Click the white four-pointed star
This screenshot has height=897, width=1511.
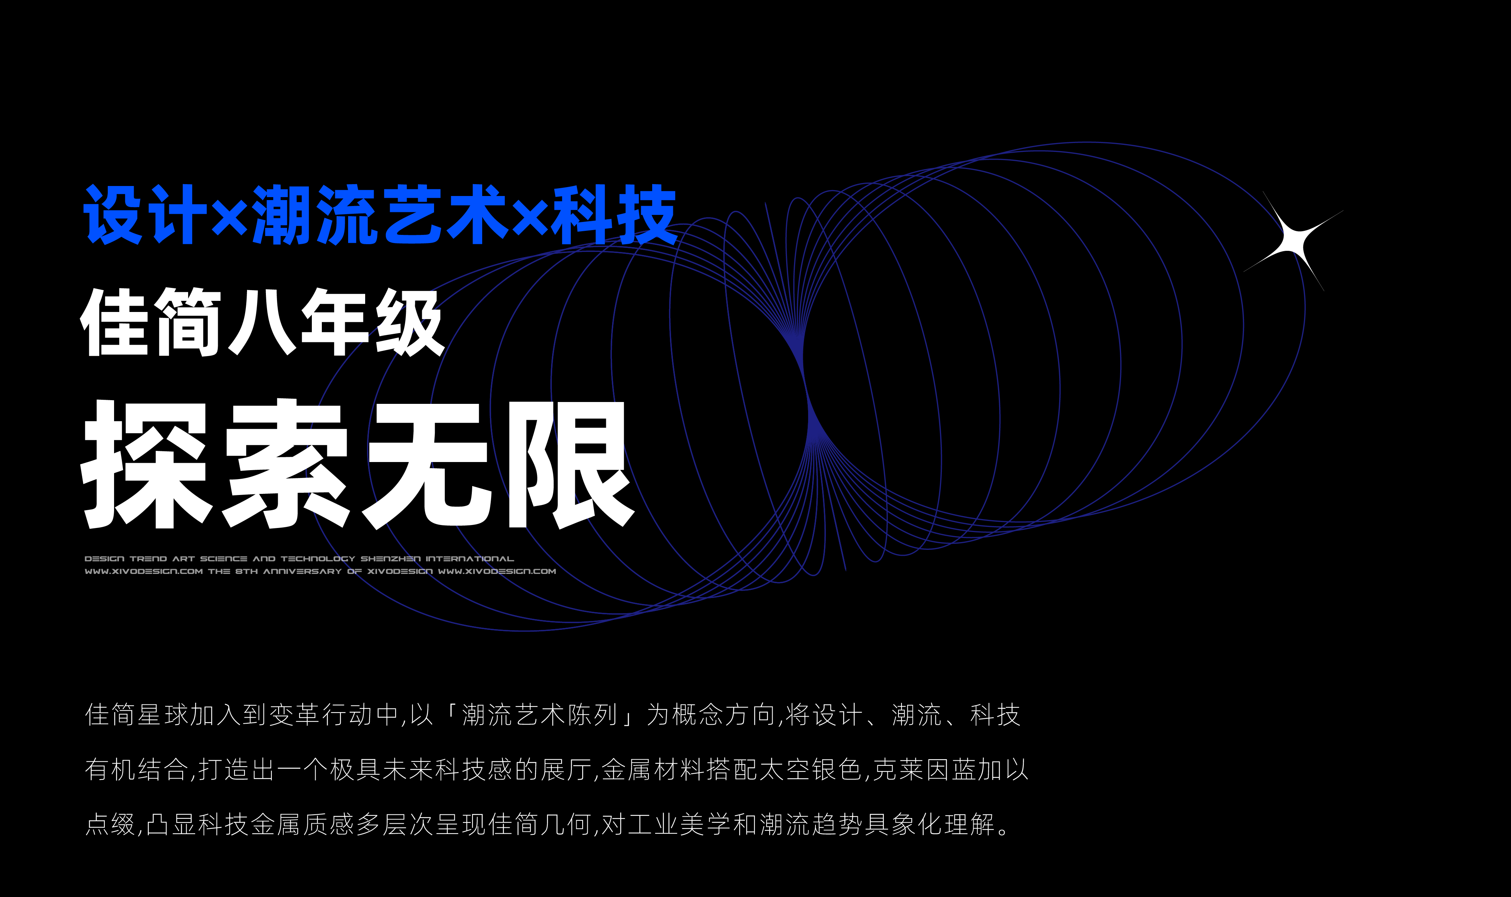click(x=1293, y=242)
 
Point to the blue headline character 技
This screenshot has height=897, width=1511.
click(x=645, y=215)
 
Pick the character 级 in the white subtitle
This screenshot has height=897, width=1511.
click(x=409, y=322)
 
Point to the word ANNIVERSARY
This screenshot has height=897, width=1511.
click(x=302, y=571)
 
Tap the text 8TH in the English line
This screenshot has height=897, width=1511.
click(x=247, y=571)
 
